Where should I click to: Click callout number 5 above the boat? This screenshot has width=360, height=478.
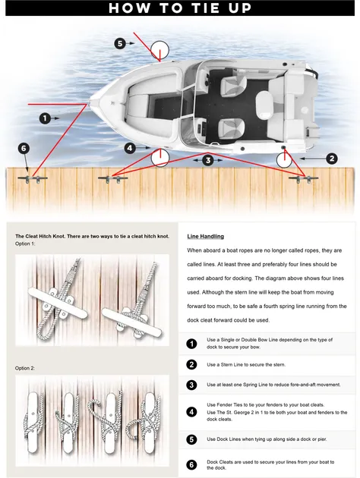click(x=120, y=43)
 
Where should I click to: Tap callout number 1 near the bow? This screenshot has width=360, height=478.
click(x=45, y=118)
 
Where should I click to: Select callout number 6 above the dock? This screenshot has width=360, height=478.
click(x=24, y=149)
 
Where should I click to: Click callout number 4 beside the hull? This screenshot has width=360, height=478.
click(x=130, y=148)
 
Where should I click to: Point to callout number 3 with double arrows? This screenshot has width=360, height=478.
click(x=208, y=160)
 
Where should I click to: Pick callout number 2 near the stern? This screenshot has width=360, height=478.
click(x=332, y=159)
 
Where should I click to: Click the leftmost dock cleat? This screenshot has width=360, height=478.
click(x=33, y=179)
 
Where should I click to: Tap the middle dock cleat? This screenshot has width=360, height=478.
click(x=112, y=179)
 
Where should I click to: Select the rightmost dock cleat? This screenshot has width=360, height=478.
click(x=304, y=179)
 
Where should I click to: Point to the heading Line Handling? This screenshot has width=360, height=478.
click(x=205, y=236)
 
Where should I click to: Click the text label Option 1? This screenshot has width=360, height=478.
click(x=25, y=244)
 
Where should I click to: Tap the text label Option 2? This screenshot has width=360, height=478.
click(x=25, y=368)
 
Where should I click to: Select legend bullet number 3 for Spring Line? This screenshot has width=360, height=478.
click(x=191, y=385)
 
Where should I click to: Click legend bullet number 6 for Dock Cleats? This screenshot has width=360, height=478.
click(x=191, y=464)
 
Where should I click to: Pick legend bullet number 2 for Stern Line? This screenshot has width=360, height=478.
click(x=191, y=365)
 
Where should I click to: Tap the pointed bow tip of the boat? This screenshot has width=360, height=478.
click(x=90, y=102)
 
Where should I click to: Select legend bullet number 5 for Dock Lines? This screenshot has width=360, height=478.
click(x=191, y=439)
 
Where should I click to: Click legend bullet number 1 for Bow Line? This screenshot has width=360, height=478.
click(x=191, y=344)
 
